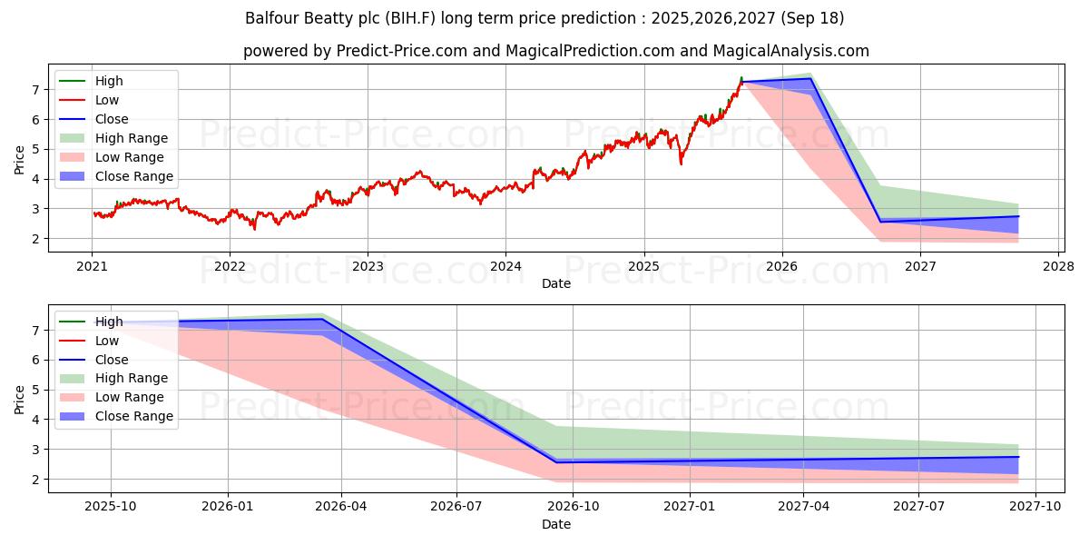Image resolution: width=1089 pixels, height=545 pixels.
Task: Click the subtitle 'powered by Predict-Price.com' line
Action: [556, 51]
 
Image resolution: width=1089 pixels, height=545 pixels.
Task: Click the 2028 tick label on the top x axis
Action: [1058, 266]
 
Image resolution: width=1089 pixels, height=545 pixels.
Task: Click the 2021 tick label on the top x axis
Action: [92, 266]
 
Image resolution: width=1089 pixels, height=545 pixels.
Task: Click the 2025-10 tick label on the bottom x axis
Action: [112, 507]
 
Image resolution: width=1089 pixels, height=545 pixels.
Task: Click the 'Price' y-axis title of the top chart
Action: [20, 159]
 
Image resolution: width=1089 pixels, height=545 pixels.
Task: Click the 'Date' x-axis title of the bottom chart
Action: [556, 525]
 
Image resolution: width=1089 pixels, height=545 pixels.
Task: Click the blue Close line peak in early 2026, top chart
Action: [810, 79]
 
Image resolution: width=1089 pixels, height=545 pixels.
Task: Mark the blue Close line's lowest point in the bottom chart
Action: [557, 462]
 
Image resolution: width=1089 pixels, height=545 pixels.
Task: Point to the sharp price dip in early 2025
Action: [681, 163]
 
